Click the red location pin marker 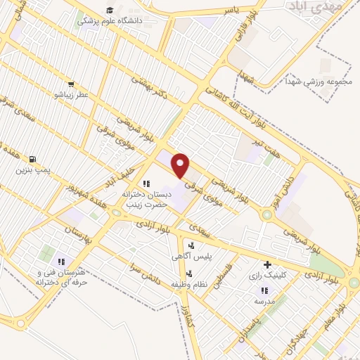point(181,165)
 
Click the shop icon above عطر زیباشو point(71,84)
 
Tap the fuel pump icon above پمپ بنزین point(32,159)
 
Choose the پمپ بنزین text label point(33,170)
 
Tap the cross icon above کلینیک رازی point(266,264)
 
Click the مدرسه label point(264,301)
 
